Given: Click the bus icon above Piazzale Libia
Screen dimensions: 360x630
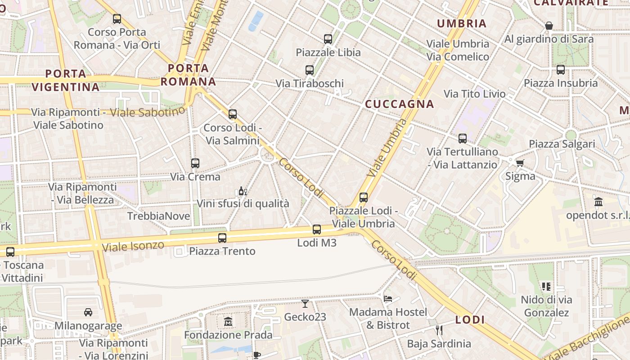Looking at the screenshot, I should pyautogui.click(x=328, y=39).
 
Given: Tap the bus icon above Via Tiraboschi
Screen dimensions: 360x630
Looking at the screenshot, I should pyautogui.click(x=310, y=70).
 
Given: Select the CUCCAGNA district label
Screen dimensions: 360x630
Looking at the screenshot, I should pyautogui.click(x=400, y=104).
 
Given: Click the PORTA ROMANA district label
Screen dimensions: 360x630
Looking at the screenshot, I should pyautogui.click(x=189, y=75).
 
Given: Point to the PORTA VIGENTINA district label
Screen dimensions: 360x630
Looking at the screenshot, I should pyautogui.click(x=66, y=80).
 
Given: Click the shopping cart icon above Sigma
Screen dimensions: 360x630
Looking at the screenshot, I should pyautogui.click(x=520, y=163).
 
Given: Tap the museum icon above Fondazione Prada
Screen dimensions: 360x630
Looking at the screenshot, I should pyautogui.click(x=228, y=322).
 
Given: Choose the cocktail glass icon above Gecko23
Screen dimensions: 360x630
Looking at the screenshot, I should pyautogui.click(x=305, y=304).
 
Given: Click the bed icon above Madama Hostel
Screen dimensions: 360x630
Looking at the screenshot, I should pyautogui.click(x=388, y=298).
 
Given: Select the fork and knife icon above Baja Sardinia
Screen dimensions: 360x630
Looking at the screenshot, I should pyautogui.click(x=439, y=330).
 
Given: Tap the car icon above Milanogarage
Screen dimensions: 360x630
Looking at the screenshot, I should pyautogui.click(x=88, y=312).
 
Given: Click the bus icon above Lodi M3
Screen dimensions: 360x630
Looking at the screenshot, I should pyautogui.click(x=317, y=229).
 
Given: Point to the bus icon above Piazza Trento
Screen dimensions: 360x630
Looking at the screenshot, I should pyautogui.click(x=222, y=238).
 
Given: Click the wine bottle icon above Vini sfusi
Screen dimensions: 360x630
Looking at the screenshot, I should pyautogui.click(x=243, y=191).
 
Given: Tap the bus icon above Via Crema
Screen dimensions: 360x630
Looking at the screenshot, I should pyautogui.click(x=195, y=163).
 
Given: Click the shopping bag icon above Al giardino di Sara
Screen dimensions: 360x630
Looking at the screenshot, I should pyautogui.click(x=549, y=26).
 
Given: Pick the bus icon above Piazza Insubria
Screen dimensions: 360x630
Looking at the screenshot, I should pyautogui.click(x=561, y=70).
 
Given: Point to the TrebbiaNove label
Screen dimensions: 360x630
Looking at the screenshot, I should pyautogui.click(x=159, y=216).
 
